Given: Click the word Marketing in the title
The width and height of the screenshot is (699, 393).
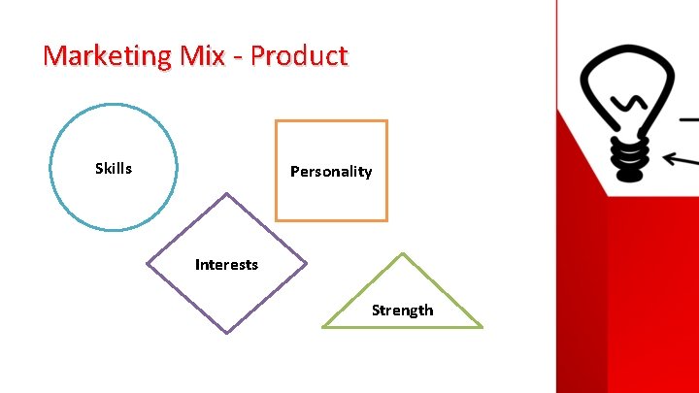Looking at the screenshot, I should (x=107, y=55).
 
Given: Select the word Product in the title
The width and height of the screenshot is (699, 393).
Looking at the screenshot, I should (x=298, y=55).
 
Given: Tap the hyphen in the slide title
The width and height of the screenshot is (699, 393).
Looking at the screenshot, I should (x=239, y=57).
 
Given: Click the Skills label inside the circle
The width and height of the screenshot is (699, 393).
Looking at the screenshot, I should (x=114, y=169).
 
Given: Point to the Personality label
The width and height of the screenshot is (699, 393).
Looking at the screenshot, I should (x=331, y=172).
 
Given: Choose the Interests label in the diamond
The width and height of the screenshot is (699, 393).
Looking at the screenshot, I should (x=226, y=264).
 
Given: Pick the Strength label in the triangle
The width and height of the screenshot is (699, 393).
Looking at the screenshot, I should (x=402, y=311).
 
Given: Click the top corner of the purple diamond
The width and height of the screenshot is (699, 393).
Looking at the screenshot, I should (x=226, y=193).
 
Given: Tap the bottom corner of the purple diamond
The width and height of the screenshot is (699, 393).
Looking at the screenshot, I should (x=226, y=333).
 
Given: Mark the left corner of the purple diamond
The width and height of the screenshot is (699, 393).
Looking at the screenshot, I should (x=147, y=263).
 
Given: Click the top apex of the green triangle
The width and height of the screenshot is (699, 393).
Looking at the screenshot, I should (x=402, y=253).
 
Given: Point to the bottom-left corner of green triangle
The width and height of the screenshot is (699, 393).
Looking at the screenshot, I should (x=322, y=327).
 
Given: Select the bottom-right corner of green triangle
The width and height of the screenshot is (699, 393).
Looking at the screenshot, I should (x=482, y=327).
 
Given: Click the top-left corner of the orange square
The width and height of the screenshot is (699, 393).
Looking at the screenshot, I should (x=277, y=121).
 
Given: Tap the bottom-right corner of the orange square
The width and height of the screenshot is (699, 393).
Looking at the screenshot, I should (x=386, y=220).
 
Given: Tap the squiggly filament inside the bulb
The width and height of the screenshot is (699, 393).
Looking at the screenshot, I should (x=630, y=102).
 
